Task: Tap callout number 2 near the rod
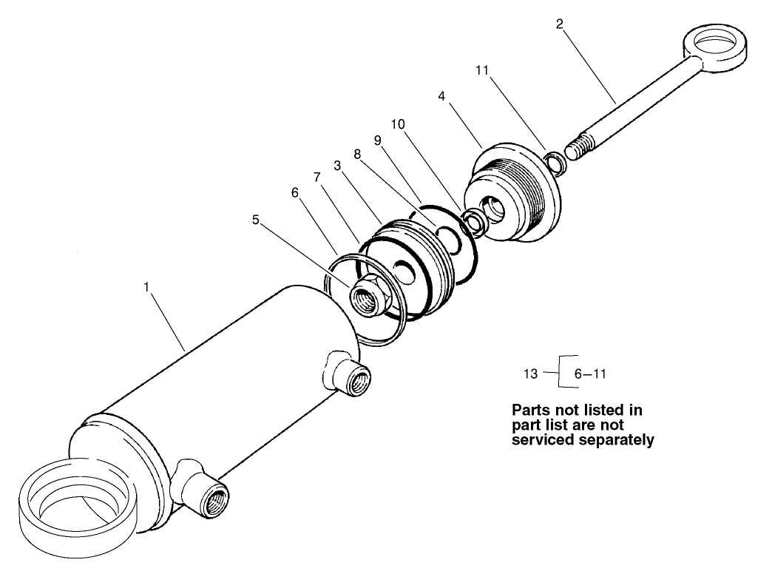pos(560,24)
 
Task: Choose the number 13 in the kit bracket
pos(530,374)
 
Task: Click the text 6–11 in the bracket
pos(590,374)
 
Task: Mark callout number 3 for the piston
pos(336,166)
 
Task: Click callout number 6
pos(294,191)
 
